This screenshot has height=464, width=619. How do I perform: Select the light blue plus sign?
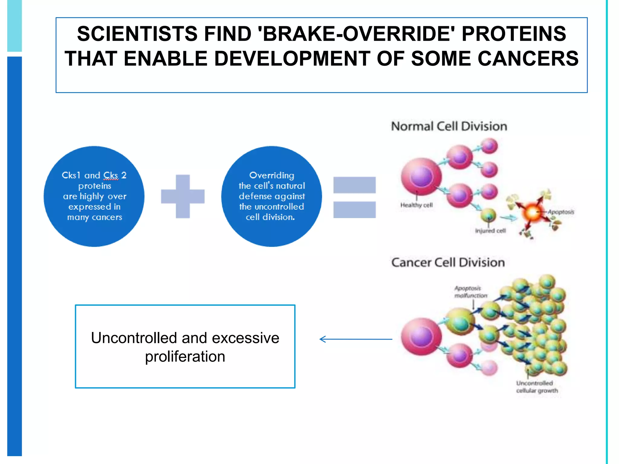(x=183, y=196)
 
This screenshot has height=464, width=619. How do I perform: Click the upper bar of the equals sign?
(x=354, y=185)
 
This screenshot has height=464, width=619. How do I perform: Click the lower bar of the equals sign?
(x=354, y=210)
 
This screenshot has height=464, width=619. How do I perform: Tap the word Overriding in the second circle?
(x=271, y=175)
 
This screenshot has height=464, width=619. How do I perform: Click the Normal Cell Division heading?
(x=449, y=126)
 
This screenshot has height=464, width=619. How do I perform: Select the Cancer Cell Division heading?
(x=448, y=262)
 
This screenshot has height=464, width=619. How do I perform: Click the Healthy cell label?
(x=416, y=205)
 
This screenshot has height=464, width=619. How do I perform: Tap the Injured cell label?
(x=490, y=231)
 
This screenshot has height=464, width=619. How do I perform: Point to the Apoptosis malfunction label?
(x=470, y=292)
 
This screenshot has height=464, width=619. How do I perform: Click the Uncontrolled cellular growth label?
(x=537, y=387)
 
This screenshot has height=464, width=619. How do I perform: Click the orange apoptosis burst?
(x=533, y=212)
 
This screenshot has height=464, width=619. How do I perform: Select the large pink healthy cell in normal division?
(x=421, y=176)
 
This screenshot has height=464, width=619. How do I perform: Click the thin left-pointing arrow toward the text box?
(x=356, y=339)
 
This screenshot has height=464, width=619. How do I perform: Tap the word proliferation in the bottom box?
(x=185, y=356)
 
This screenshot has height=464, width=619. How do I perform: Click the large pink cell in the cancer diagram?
(x=421, y=336)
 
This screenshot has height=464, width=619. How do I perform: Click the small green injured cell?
(x=488, y=215)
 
